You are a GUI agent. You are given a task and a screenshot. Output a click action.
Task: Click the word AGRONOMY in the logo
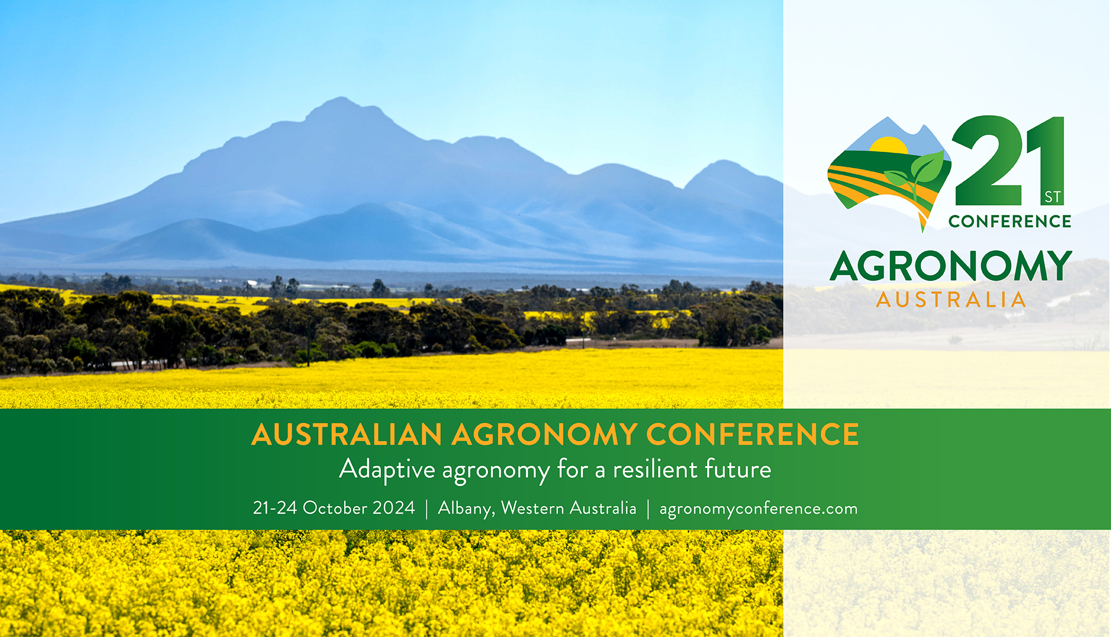pos(951,266)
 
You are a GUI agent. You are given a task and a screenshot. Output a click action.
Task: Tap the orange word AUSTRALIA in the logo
pos(951,299)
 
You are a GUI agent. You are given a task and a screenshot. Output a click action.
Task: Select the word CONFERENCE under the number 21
pos(1010,221)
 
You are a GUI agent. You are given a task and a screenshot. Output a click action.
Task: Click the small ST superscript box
pos(1053,197)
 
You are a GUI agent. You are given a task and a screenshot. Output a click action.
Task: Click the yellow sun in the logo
pos(889,145)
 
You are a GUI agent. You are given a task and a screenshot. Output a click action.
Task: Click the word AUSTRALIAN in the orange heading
pos(347,434)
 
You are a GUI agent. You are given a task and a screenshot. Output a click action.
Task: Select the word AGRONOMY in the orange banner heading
pos(545,434)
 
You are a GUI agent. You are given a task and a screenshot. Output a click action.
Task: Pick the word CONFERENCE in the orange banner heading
pos(753,434)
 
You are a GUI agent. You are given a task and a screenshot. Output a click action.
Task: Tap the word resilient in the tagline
pos(655,469)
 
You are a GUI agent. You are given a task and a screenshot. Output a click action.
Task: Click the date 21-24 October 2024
pos(334,508)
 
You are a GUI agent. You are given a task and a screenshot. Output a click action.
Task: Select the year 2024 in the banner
pos(393,508)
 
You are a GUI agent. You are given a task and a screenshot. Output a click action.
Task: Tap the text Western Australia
pos(569,508)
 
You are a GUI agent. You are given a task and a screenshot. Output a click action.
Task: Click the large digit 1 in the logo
pos(1046,160)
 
